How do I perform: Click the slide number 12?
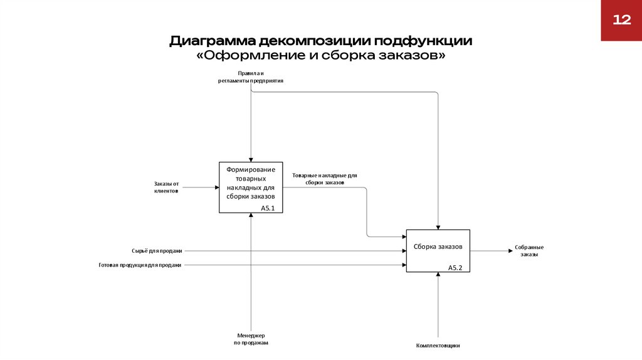coord(621,19)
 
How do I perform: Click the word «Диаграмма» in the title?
coord(213,41)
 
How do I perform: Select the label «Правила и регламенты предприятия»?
coord(251,77)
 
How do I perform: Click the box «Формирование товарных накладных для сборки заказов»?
coord(251,188)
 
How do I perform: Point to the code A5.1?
coord(268,208)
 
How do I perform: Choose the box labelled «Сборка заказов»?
coord(438,251)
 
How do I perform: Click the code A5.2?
coord(455,268)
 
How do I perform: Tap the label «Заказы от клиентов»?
coord(166,188)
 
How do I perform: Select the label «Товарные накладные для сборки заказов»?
coord(325,179)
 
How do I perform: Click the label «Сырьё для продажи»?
coord(157,251)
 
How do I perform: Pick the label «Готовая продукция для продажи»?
coord(140,265)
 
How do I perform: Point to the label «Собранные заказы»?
coord(529,251)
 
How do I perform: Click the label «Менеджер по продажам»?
coord(251,339)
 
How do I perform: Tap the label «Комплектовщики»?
coord(438,346)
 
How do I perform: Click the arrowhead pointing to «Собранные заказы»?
coord(510,251)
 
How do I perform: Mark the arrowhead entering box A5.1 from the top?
coord(251,160)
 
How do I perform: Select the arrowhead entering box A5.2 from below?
coord(438,275)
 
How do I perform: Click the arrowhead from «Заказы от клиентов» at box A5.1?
coord(217,188)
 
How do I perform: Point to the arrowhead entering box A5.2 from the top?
coord(438,227)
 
